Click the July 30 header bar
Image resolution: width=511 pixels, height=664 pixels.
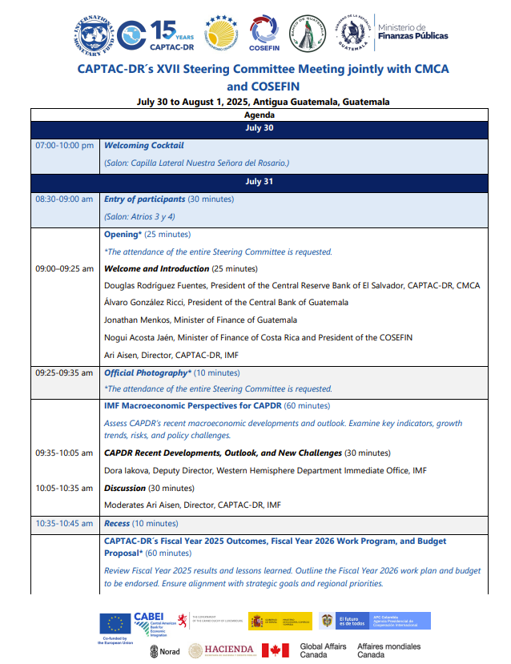point(259,127)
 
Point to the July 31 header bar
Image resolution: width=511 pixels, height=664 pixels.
point(259,181)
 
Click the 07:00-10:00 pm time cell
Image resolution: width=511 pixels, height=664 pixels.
point(64,146)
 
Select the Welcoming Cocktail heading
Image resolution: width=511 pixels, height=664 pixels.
point(144,146)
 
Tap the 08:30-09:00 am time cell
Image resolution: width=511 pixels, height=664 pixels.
point(64,199)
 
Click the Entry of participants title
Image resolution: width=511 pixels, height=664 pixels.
point(145,199)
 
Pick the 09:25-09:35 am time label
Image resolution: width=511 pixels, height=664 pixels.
point(64,372)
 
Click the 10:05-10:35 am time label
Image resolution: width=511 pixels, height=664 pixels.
point(64,488)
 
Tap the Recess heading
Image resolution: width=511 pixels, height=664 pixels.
point(117,523)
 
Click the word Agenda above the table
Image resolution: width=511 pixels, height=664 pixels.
point(259,115)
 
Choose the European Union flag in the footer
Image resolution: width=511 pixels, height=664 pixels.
point(115,622)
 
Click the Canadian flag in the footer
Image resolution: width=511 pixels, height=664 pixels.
point(275,650)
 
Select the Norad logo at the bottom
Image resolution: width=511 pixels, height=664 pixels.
point(165,651)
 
